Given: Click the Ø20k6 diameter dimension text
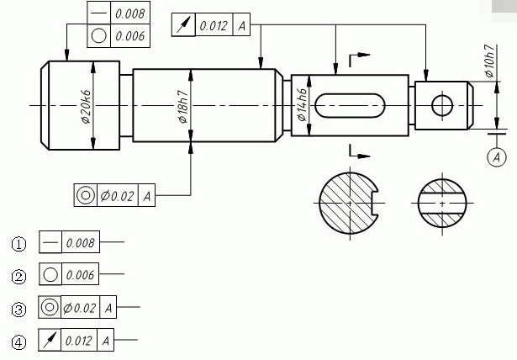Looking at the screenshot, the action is pyautogui.click(x=86, y=106).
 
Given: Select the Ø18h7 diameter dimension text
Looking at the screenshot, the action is pyautogui.click(x=183, y=106).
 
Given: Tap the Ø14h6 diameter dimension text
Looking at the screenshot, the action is pyautogui.click(x=302, y=104).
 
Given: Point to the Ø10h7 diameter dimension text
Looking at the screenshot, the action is pyautogui.click(x=489, y=61).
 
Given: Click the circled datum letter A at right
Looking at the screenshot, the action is pyautogui.click(x=497, y=157).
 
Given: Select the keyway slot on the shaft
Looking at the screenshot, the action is pyautogui.click(x=350, y=106).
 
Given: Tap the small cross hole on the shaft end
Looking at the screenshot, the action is pyautogui.click(x=442, y=106).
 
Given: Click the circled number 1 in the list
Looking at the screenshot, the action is pyautogui.click(x=18, y=245).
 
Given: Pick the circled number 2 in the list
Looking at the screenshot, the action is pyautogui.click(x=18, y=277).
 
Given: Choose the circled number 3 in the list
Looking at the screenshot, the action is pyautogui.click(x=18, y=310).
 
